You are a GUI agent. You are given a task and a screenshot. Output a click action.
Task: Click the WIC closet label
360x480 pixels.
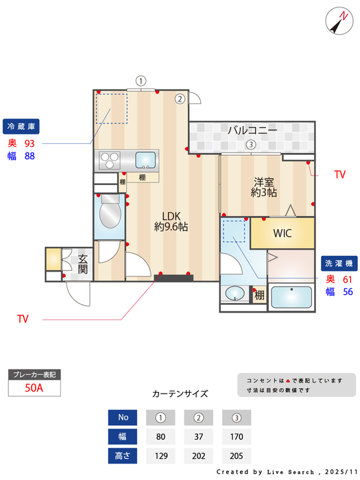(x=283, y=233)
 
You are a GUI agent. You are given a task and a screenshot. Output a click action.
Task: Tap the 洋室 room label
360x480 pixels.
(x=263, y=187)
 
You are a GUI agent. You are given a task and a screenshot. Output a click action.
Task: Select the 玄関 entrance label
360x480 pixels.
(x=82, y=263)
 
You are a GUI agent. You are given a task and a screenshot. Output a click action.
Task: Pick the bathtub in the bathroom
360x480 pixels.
(x=291, y=297)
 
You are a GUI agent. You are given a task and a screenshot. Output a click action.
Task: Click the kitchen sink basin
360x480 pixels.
(x=145, y=160)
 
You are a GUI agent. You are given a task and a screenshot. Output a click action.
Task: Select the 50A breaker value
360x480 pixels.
(x=34, y=387)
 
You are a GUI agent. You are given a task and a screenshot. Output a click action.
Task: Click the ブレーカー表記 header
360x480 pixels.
(x=34, y=374)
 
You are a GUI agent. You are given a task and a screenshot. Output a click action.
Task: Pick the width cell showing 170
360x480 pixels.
(x=237, y=436)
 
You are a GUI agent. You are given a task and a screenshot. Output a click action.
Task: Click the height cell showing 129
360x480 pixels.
(x=161, y=455)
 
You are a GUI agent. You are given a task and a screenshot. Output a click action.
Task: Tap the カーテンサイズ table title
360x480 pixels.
(x=180, y=394)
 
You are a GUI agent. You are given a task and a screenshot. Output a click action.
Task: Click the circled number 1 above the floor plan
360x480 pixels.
(x=140, y=80)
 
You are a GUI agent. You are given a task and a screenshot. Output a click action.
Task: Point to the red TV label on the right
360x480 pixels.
(x=339, y=176)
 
